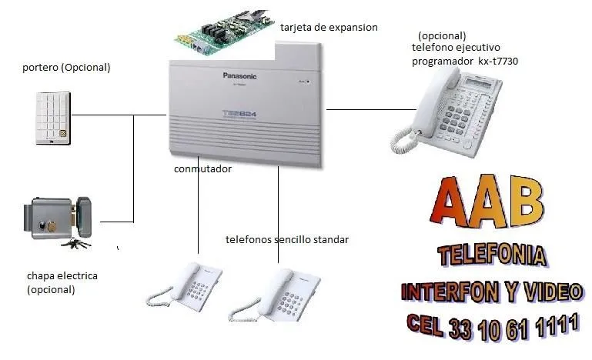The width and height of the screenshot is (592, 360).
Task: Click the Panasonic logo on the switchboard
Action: (239, 76)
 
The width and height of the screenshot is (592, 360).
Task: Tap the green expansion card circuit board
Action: (224, 33)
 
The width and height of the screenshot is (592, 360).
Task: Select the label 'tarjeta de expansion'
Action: (329, 28)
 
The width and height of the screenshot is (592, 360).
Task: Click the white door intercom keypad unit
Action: (53, 118)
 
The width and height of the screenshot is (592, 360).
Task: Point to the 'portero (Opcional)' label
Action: (66, 68)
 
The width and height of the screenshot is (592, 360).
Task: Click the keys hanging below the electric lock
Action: (76, 243)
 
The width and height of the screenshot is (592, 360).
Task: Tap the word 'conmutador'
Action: (202, 168)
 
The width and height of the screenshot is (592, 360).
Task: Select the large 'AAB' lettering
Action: (487, 201)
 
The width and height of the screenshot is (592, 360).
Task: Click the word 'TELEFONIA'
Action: (493, 255)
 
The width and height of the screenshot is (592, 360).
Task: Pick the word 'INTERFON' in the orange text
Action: (450, 292)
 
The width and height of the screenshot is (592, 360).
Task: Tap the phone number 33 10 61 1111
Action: (513, 327)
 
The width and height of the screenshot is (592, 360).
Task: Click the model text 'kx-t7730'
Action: (498, 61)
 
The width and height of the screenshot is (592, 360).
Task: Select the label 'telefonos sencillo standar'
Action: (287, 240)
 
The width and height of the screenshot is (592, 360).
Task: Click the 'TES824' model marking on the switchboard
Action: (239, 113)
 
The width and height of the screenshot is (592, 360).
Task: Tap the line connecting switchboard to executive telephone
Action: (371, 110)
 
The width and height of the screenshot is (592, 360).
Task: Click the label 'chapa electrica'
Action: (62, 276)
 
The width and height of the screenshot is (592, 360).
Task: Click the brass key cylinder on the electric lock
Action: (52, 227)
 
